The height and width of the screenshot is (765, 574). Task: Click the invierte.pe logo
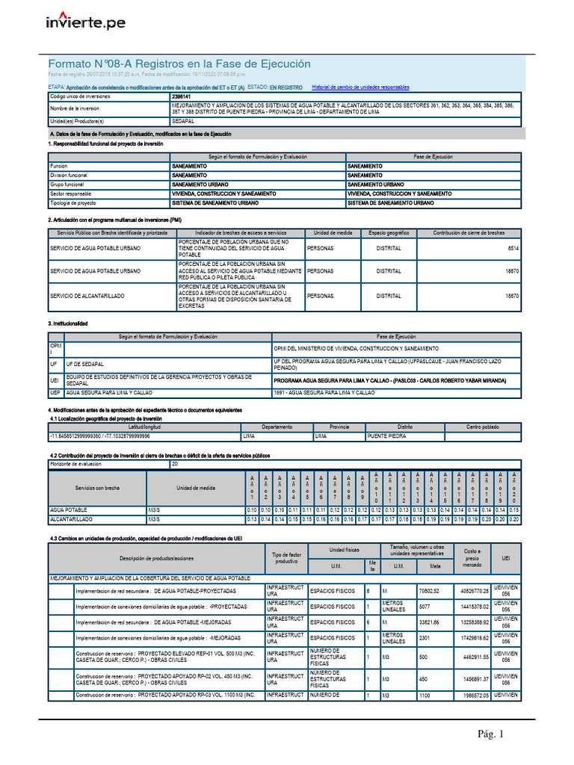[86, 23]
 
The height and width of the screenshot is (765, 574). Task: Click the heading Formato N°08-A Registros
[179, 64]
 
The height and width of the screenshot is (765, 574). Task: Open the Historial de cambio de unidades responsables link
[360, 87]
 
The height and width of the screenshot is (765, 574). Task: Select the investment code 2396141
[181, 97]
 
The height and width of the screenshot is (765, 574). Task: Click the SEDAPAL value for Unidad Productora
[183, 120]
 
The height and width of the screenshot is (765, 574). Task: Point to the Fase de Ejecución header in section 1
[433, 157]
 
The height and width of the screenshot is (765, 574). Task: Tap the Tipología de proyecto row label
[72, 202]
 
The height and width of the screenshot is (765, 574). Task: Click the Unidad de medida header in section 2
[333, 233]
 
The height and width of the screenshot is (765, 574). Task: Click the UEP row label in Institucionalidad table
[55, 391]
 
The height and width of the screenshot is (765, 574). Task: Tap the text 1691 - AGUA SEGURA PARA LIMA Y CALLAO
[324, 391]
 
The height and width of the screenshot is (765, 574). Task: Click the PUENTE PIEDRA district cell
[387, 435]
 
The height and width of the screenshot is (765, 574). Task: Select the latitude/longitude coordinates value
[99, 435]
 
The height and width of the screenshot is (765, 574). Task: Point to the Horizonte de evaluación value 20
[176, 464]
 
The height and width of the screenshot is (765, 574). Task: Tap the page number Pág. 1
[493, 734]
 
